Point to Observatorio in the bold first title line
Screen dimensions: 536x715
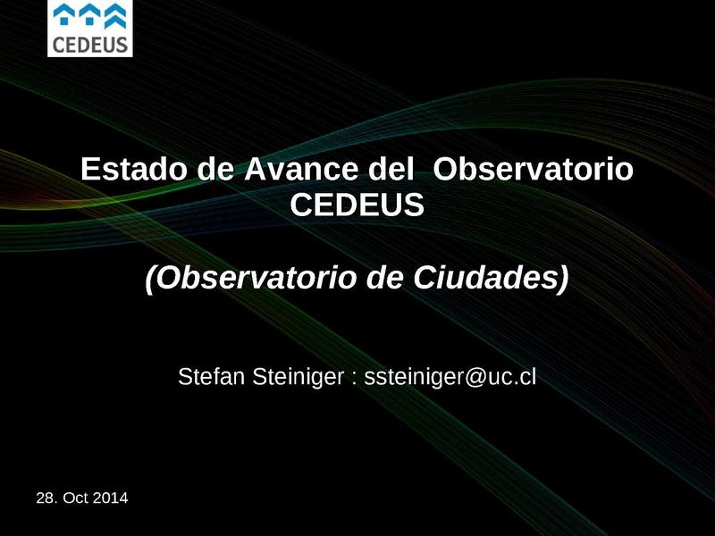coord(533,170)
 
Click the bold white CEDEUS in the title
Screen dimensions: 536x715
coord(357,206)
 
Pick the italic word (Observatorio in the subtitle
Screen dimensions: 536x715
coord(251,279)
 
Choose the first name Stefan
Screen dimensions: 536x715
coord(206,376)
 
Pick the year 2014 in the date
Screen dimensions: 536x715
coord(110,497)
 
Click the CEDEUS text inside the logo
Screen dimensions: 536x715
coord(89,43)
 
